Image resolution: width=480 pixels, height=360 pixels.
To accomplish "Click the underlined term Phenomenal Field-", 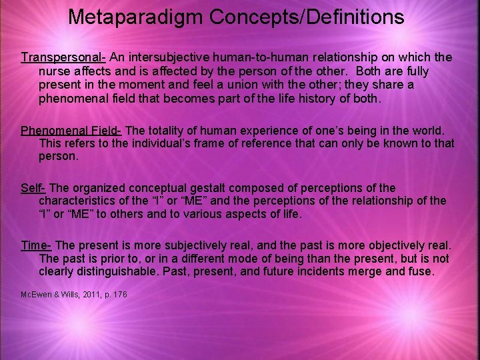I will (71, 129).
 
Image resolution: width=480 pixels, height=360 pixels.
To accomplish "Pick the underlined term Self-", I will (33, 188).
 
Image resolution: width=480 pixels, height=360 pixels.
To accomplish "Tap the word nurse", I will (56, 71).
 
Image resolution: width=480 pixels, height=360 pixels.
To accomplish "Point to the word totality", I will (169, 129).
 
